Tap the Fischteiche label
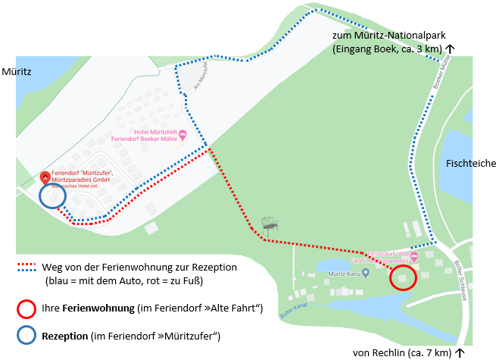click(x=471, y=163)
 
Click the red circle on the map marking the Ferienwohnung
click(x=404, y=278)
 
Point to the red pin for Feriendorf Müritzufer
click(x=45, y=178)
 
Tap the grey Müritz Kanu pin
click(x=366, y=272)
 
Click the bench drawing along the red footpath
click(x=269, y=224)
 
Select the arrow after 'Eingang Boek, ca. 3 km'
click(x=450, y=49)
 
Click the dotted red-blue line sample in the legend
click(x=27, y=268)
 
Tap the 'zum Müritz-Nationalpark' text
click(x=388, y=36)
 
